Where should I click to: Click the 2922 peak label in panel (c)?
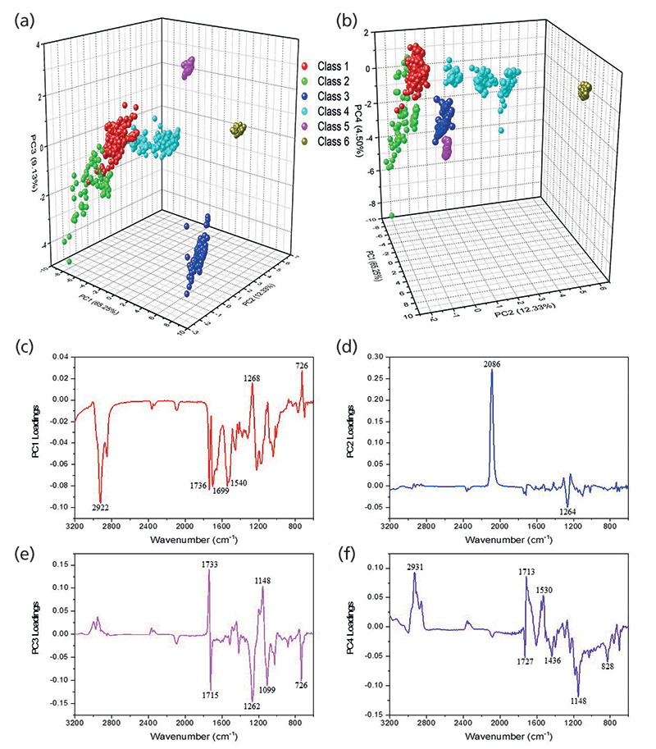101,508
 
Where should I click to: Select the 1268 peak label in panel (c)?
252,378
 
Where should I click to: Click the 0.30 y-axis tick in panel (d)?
373,357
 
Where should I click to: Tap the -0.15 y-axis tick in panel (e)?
56,703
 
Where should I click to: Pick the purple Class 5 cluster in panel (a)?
188,67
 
